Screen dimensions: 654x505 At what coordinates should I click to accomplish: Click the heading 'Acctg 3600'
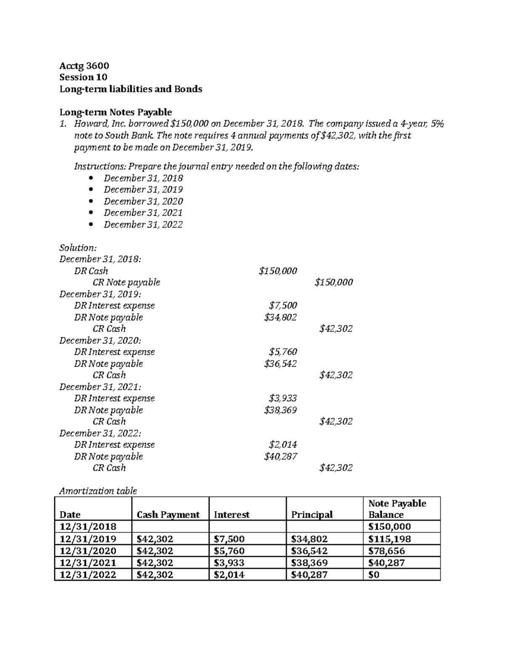click(84, 66)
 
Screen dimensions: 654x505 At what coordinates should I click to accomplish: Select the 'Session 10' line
click(83, 77)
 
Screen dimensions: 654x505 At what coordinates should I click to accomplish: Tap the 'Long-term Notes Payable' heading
click(116, 112)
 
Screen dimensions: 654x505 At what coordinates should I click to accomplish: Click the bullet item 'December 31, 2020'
click(143, 201)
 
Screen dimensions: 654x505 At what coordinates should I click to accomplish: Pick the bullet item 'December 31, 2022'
click(143, 224)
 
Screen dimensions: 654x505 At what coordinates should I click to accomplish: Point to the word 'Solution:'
click(78, 248)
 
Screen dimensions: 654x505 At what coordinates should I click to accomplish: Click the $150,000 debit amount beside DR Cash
click(278, 271)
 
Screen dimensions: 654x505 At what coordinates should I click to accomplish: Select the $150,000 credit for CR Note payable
click(333, 282)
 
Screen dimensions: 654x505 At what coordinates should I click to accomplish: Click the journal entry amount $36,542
click(280, 363)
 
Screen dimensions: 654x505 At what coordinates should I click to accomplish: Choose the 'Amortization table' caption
click(98, 491)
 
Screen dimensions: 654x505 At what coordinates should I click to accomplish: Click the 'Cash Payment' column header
click(168, 515)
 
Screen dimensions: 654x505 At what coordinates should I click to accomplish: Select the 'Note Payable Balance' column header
click(397, 509)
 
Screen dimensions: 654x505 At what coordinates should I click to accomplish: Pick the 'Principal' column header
click(312, 515)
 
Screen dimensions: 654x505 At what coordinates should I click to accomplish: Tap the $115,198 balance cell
click(389, 539)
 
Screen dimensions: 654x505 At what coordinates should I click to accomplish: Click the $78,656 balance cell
click(386, 551)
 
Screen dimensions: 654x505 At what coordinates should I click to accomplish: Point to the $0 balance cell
click(374, 575)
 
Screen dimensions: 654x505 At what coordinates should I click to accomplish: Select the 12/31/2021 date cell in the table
click(88, 563)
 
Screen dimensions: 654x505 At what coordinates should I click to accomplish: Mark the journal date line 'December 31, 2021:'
click(101, 387)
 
